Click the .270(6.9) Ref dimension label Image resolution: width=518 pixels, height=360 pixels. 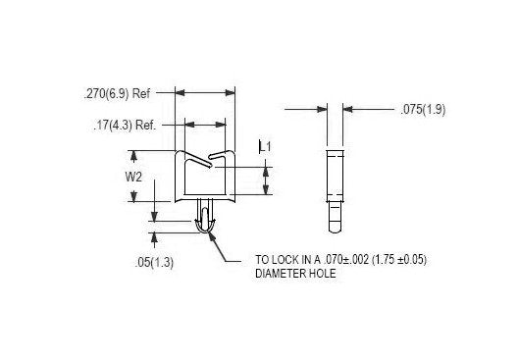[x=118, y=95]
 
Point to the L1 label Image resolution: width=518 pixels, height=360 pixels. [x=265, y=146]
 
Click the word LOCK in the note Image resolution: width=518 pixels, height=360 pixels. [x=286, y=260]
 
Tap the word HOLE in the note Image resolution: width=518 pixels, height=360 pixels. [x=323, y=274]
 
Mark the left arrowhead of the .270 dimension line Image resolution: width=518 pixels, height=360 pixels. [x=180, y=95]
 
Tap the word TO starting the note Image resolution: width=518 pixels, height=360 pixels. [x=262, y=260]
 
